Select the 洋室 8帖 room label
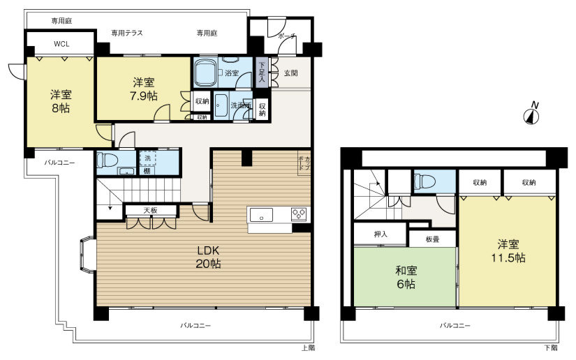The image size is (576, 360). [x=60, y=101]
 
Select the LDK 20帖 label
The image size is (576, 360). [x=208, y=257]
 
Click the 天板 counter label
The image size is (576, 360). [x=150, y=210]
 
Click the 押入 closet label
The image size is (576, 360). [x=380, y=235]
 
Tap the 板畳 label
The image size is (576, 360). [x=432, y=239]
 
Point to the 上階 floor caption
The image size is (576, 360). [x=308, y=347]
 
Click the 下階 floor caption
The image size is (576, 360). [x=551, y=347]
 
